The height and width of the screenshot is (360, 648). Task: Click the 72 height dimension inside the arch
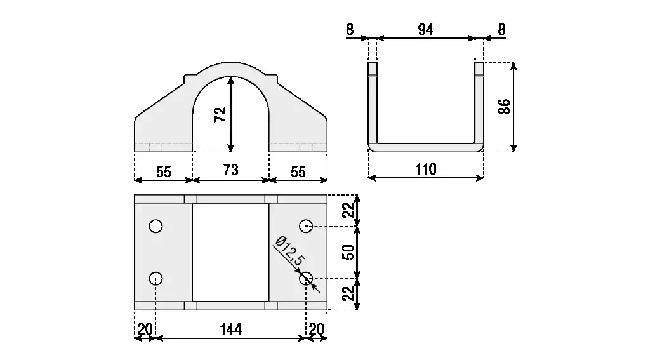pyautogui.click(x=220, y=114)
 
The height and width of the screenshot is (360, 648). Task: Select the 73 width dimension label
pyautogui.click(x=230, y=170)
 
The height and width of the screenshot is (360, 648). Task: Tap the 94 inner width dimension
pyautogui.click(x=426, y=30)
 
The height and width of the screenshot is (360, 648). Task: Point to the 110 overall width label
pyautogui.click(x=426, y=169)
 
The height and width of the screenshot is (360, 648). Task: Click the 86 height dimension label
pyautogui.click(x=505, y=107)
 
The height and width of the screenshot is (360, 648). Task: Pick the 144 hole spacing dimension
pyautogui.click(x=230, y=330)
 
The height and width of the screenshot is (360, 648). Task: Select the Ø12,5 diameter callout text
pyautogui.click(x=289, y=250)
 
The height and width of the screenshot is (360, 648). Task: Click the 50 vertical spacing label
pyautogui.click(x=348, y=252)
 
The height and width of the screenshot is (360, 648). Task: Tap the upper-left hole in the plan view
pyautogui.click(x=155, y=226)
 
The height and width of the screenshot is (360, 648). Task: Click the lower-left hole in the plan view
pyautogui.click(x=155, y=278)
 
